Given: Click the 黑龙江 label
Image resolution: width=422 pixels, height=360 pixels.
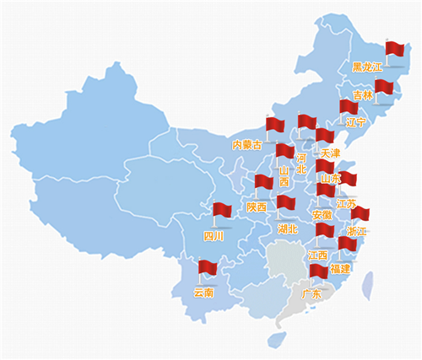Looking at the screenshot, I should click(367, 67).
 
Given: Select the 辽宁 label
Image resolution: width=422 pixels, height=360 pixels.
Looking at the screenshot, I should click(355, 122).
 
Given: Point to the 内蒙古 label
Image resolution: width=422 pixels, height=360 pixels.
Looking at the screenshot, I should click(247, 145).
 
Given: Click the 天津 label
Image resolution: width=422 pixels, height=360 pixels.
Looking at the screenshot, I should click(328, 153).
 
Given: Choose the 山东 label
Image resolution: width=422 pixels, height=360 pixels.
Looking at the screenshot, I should click(330, 179).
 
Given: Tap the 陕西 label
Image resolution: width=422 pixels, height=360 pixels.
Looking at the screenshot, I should click(257, 207).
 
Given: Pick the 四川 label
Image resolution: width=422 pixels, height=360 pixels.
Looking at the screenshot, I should click(214, 237).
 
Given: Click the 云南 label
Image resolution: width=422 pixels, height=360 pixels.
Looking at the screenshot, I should click(203, 293).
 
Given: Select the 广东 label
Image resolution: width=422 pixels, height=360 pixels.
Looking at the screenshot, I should click(311, 294).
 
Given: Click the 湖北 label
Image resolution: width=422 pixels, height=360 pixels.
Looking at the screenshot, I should click(288, 228).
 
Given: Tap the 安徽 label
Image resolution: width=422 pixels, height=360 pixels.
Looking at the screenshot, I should click(322, 215).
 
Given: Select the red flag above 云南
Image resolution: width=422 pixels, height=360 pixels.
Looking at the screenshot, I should click(208, 268).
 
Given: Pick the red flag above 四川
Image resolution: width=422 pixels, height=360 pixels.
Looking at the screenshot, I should click(223, 210).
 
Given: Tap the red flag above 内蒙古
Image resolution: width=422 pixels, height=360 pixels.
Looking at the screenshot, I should click(276, 125).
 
